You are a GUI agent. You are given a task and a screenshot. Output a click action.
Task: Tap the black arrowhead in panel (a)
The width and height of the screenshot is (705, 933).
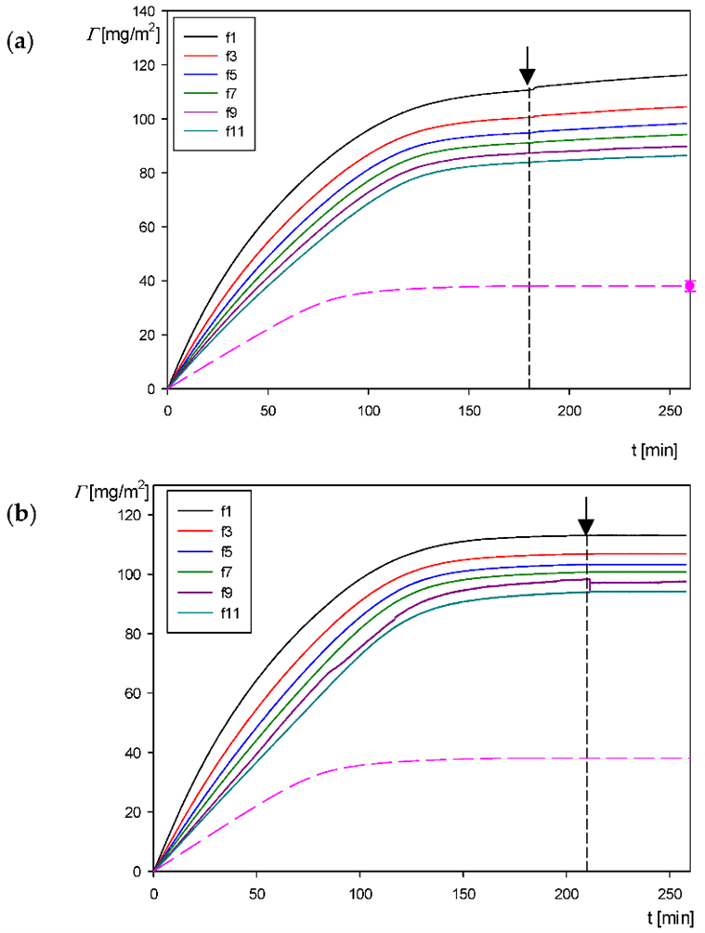(528, 77)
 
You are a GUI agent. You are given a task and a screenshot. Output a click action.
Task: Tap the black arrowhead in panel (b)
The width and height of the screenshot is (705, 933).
(586, 526)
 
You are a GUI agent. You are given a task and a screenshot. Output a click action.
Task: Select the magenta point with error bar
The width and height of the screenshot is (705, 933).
(689, 285)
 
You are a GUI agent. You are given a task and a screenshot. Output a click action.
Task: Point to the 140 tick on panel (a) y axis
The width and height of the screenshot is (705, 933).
(147, 11)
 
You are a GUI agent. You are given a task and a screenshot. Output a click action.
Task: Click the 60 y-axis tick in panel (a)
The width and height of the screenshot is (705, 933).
(150, 227)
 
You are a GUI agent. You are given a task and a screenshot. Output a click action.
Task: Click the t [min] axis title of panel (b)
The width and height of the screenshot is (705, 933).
(663, 918)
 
